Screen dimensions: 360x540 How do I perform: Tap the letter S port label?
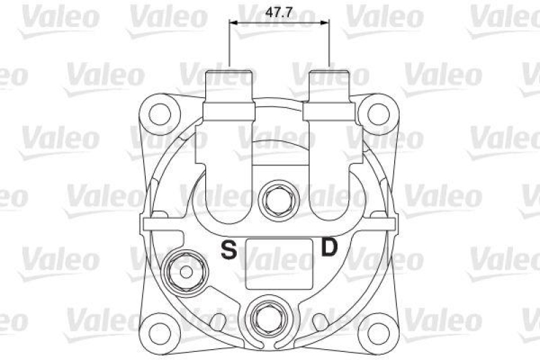coord(230,251)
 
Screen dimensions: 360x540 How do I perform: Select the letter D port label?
coord(329,248)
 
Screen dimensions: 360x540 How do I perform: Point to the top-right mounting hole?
coord(375,111)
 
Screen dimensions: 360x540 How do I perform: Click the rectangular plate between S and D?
coord(279,262)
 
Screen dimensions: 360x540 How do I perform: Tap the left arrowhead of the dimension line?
coord(234,23)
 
